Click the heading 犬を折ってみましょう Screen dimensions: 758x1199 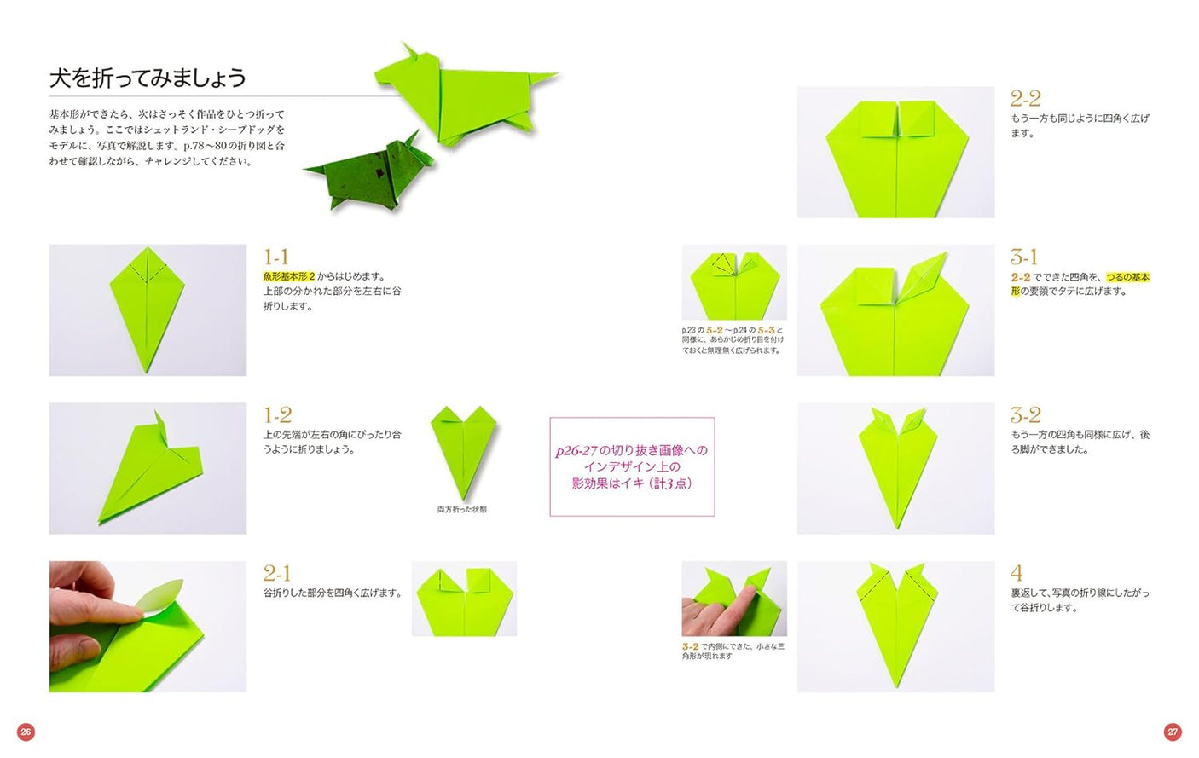[x=148, y=78]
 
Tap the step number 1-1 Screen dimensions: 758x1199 [x=275, y=257]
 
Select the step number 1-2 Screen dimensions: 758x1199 [x=277, y=415]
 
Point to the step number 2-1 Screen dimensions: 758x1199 [x=276, y=573]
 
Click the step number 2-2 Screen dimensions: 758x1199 [x=1025, y=99]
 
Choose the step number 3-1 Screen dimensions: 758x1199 [x=1023, y=257]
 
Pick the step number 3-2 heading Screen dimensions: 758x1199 [x=1025, y=415]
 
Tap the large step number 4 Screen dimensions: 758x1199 [x=1017, y=573]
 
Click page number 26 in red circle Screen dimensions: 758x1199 [x=26, y=732]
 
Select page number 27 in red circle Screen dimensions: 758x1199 [x=1173, y=732]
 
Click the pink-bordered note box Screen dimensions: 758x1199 [x=632, y=466]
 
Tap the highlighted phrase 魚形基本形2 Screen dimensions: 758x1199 [x=288, y=276]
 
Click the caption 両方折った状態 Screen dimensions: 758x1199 [x=462, y=510]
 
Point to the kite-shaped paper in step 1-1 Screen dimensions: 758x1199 [x=147, y=307]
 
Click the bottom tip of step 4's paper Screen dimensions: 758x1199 [x=896, y=686]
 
